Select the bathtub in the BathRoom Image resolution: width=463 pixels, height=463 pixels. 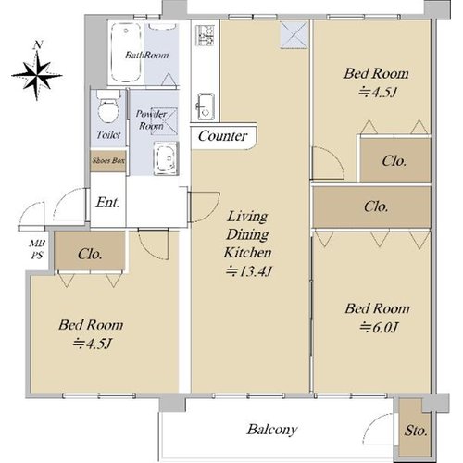coord(126,53)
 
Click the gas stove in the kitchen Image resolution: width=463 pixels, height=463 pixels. coord(205,36)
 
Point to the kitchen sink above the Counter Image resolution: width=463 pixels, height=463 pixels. coord(205,106)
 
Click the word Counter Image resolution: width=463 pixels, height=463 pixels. coord(223,136)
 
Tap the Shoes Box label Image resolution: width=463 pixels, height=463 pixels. coord(108,160)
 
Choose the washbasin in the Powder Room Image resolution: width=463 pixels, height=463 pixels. coord(167,158)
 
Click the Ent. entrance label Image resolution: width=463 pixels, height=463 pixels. coord(107,203)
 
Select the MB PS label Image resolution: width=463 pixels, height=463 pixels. coord(37,249)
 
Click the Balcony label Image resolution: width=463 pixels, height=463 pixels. coord(272,430)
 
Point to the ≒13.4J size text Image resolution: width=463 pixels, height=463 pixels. coord(248,271)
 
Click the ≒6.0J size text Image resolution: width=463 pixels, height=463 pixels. coord(379,327)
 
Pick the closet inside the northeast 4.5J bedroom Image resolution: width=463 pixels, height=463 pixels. coord(395,160)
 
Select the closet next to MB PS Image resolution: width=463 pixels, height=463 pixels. coord(90,251)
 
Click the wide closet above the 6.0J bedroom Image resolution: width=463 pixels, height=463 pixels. coord(371,207)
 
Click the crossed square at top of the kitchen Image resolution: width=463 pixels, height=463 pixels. coord(294,34)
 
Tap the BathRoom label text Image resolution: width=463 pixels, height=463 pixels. coord(147,55)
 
